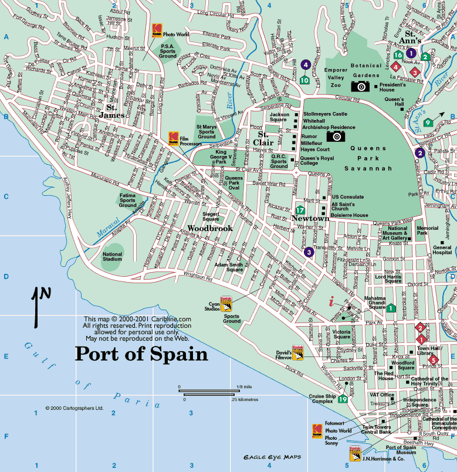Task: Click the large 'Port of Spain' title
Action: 141,355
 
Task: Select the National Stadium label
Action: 112,256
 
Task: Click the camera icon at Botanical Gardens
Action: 360,86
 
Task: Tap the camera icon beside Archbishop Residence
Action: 336,136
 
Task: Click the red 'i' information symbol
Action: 331,302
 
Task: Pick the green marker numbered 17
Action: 300,210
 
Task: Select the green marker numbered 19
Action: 342,399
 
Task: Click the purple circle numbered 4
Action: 305,64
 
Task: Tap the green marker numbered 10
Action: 304,80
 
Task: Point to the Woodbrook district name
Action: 210,228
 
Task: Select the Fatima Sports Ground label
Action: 128,200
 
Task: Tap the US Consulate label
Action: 348,197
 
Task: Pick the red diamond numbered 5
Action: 434,359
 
